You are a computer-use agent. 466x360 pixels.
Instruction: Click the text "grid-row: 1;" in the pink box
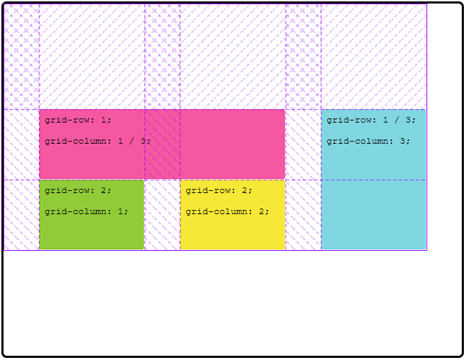coord(78,120)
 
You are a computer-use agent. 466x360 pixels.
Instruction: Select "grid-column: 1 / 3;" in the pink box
coord(97,141)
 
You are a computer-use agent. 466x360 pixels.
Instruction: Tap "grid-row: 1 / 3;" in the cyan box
coord(371,120)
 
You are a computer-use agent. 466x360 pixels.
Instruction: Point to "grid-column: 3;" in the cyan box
coord(368,141)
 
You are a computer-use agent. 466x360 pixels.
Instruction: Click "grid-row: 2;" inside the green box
coord(78,190)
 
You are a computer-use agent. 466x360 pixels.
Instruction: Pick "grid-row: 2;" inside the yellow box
coord(219,190)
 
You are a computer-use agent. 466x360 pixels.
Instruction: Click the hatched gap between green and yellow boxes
coord(162,215)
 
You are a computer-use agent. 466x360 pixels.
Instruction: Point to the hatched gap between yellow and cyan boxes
coord(303,215)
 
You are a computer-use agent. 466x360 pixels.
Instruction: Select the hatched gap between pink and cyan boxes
coord(303,144)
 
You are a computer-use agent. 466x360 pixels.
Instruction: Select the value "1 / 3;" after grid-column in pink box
coord(134,141)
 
